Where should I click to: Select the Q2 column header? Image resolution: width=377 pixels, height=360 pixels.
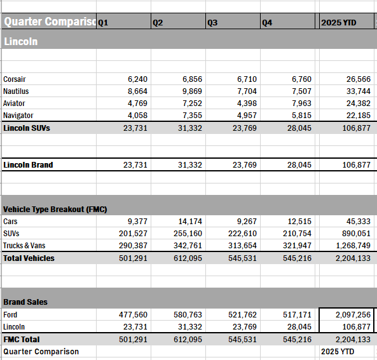pos(158,22)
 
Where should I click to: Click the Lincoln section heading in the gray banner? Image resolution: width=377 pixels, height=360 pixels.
pos(20,41)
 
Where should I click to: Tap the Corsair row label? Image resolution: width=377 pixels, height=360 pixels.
pos(15,79)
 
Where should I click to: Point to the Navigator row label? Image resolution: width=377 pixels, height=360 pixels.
pos(18,116)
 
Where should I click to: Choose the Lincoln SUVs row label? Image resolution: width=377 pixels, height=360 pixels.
pos(27,128)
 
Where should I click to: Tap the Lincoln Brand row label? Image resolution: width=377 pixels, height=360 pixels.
pos(28,164)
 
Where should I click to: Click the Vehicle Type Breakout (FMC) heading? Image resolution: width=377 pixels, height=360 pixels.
pos(54,210)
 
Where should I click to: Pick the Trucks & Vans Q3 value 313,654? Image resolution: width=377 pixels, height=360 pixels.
pos(240,246)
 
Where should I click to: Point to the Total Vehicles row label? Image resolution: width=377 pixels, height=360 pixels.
pos(29,258)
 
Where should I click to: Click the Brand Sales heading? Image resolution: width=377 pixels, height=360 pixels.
pos(25,302)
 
